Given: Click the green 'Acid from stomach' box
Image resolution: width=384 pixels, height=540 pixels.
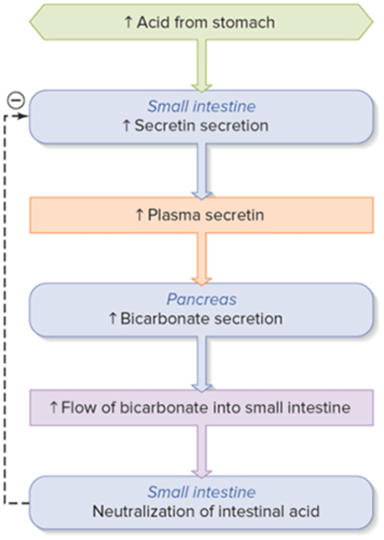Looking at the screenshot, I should click(x=201, y=22).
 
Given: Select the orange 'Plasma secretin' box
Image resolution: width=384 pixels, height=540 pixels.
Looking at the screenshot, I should click(x=201, y=215).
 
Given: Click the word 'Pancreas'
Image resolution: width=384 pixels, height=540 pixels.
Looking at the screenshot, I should click(x=201, y=300).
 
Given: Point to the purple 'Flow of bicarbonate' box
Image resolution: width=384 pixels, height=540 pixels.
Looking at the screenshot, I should click(x=201, y=408).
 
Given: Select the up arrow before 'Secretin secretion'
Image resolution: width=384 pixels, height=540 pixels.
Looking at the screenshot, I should click(x=126, y=126).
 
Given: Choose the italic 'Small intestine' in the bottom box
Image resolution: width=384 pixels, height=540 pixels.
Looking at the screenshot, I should click(x=201, y=492).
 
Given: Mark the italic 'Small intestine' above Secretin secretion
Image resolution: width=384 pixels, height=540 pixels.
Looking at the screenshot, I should click(x=201, y=106).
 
